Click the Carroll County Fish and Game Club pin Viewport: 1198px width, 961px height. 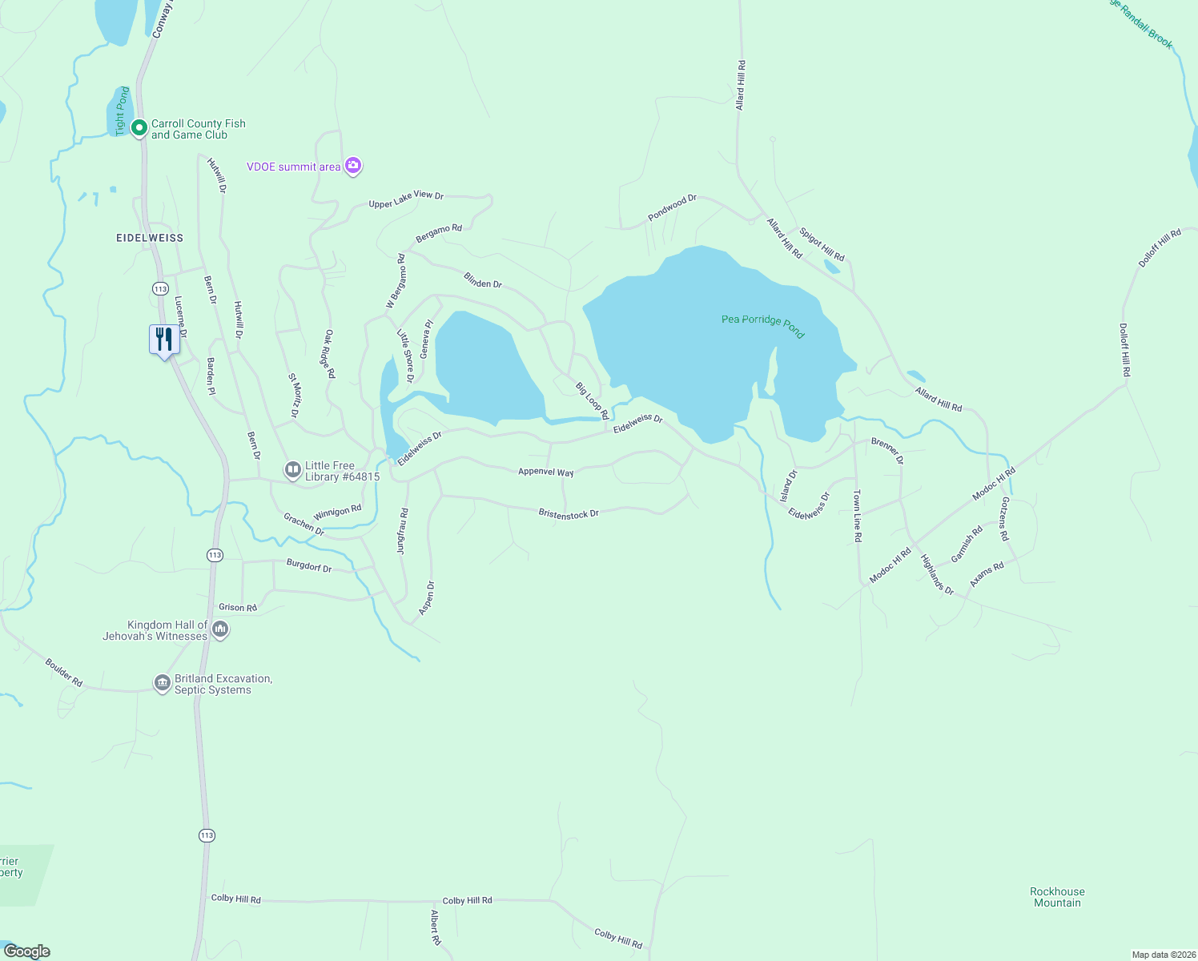click(139, 127)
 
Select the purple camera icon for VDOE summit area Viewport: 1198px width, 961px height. click(353, 167)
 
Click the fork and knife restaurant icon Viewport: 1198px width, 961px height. click(164, 340)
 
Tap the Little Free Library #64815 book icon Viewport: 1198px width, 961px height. click(293, 470)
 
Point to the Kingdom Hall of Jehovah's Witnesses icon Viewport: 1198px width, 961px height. click(221, 630)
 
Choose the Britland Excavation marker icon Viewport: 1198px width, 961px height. click(163, 683)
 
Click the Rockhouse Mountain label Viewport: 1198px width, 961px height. click(1057, 897)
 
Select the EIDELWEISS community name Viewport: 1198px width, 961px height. click(150, 238)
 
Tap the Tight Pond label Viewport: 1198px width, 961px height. click(123, 111)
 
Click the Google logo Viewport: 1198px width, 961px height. click(27, 951)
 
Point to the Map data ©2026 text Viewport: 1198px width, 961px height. click(1163, 955)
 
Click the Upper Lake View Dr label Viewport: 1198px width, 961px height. click(406, 199)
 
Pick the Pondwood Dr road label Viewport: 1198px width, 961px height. click(672, 207)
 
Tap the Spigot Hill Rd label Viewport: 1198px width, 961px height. click(822, 245)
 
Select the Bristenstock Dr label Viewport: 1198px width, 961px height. click(569, 513)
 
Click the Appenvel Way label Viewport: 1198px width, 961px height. click(546, 472)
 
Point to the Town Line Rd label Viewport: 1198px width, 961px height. click(857, 516)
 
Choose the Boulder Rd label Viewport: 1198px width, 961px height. click(64, 673)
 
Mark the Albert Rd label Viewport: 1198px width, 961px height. click(436, 927)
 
